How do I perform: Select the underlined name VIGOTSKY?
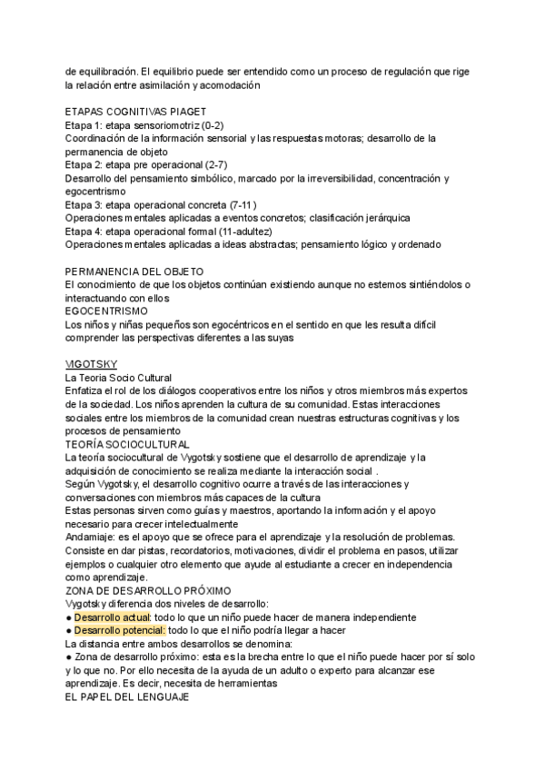point(89,363)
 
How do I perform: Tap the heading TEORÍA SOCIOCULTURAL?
point(127,444)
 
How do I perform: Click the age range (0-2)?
point(210,124)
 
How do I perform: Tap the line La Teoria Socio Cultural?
point(118,377)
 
